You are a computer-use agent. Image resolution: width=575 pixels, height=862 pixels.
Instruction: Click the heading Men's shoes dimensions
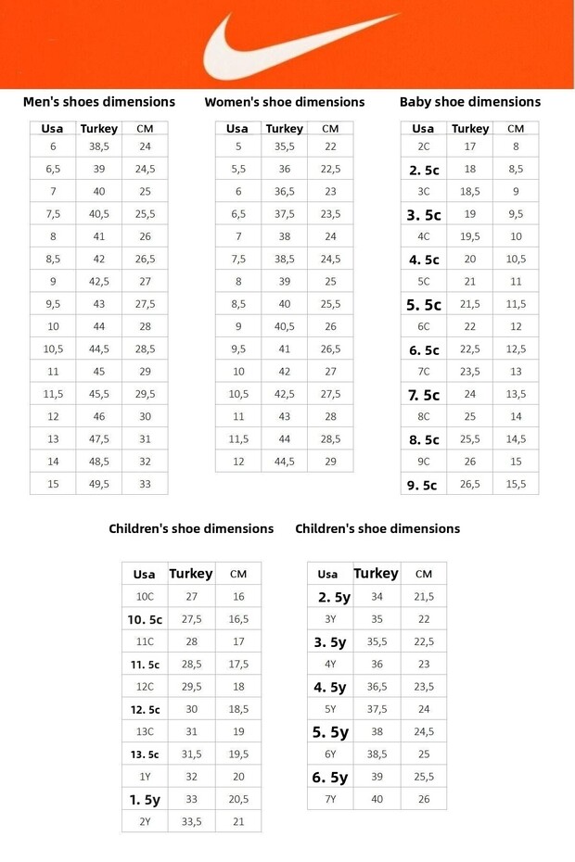[x=98, y=102]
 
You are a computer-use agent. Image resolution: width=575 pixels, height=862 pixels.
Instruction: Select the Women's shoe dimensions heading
[x=285, y=102]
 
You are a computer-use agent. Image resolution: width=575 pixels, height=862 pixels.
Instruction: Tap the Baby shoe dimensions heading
[x=469, y=102]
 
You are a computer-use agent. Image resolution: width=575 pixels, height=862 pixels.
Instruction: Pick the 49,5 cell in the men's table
[x=98, y=484]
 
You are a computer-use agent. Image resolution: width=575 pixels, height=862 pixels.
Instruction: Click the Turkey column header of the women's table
[x=284, y=129]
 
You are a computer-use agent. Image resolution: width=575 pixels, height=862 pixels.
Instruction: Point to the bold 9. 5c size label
[x=423, y=485]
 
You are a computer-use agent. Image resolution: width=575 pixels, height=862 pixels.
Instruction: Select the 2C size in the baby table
[x=423, y=146]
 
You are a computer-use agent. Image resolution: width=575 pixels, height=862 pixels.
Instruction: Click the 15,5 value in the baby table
[x=516, y=484]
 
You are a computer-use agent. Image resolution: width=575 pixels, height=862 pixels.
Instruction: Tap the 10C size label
[x=145, y=597]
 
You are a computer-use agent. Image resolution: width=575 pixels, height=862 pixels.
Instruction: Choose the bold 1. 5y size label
[x=145, y=799]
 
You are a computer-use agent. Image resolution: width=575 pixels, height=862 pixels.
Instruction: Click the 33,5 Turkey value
[x=191, y=821]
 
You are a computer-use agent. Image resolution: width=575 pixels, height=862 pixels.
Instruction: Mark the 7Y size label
[x=330, y=799]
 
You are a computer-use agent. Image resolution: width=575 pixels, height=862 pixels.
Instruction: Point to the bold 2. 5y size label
[x=331, y=598]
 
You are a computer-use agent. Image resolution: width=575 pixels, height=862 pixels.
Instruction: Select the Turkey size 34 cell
[x=377, y=597]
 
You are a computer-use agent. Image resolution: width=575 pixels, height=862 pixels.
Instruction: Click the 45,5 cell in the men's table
[x=98, y=394]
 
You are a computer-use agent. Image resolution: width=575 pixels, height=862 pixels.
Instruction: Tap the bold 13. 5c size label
[x=145, y=754]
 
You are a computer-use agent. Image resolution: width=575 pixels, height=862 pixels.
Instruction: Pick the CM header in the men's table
[x=145, y=129]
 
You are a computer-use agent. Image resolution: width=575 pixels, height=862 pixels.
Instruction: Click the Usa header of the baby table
[x=423, y=129]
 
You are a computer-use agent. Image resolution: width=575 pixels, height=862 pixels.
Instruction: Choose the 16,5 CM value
[x=238, y=619]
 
